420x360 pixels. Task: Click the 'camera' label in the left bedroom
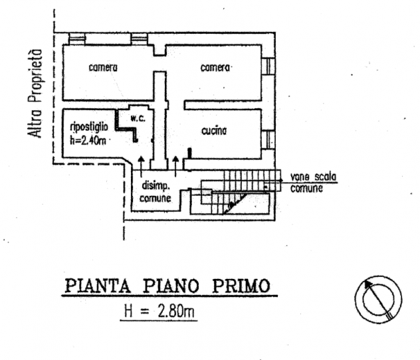pyautogui.click(x=103, y=68)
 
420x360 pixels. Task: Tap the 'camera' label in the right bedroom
pyautogui.click(x=215, y=68)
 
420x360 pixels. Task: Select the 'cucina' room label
pyautogui.click(x=214, y=131)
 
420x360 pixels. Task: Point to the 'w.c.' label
pyautogui.click(x=138, y=118)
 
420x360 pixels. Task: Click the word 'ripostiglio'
pyautogui.click(x=89, y=127)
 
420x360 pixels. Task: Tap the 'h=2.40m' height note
pyautogui.click(x=88, y=140)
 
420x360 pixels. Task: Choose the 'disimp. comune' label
pyautogui.click(x=156, y=192)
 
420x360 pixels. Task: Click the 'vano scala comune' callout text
pyautogui.click(x=313, y=183)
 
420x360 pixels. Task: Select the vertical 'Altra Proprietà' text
pyautogui.click(x=35, y=94)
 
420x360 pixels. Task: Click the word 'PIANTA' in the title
pyautogui.click(x=98, y=286)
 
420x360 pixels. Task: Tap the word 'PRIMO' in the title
pyautogui.click(x=241, y=286)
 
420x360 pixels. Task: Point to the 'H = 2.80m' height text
pyautogui.click(x=159, y=312)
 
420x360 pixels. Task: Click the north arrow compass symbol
pyautogui.click(x=379, y=300)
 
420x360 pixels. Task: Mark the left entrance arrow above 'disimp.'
pyautogui.click(x=142, y=167)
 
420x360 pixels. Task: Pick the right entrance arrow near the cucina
pyautogui.click(x=175, y=167)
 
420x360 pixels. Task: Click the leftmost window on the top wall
pyautogui.click(x=76, y=39)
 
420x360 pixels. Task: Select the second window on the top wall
pyautogui.click(x=140, y=39)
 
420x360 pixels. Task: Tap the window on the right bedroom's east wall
pyautogui.click(x=268, y=66)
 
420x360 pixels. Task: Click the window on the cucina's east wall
pyautogui.click(x=268, y=139)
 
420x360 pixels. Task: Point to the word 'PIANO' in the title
pyautogui.click(x=171, y=286)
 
